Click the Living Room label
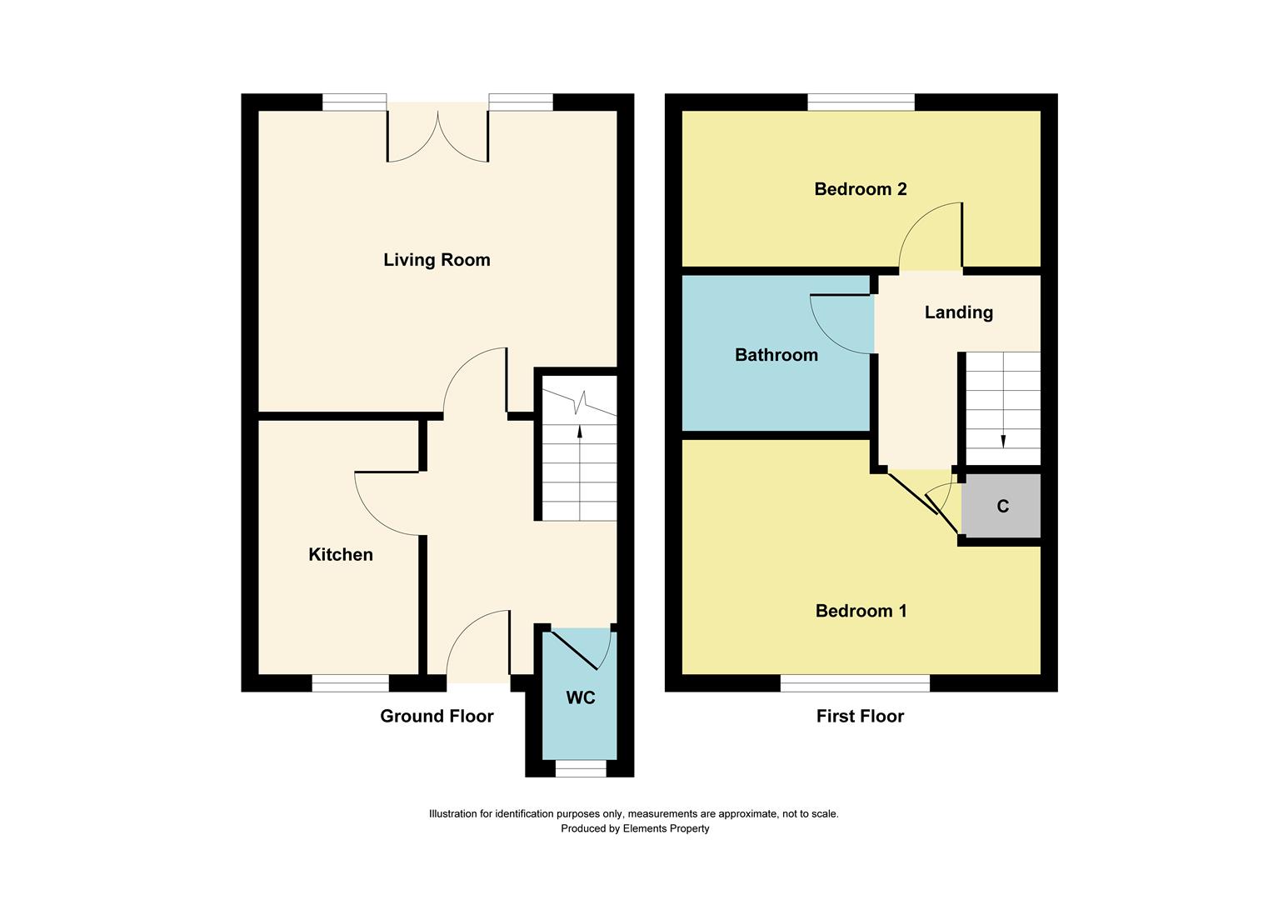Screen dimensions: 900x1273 pos(437,260)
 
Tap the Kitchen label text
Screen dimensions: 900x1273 pos(341,555)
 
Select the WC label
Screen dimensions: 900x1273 pos(581,698)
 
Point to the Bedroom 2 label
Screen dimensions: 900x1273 pos(861,189)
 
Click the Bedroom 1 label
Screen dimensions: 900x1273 pos(861,612)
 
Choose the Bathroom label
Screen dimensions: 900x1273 pos(776,355)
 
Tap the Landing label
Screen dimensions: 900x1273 pos(959,312)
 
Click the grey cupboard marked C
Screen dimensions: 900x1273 pos(1002,507)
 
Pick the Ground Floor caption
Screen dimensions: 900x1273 pos(437,716)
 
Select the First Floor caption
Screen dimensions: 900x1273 pos(860,716)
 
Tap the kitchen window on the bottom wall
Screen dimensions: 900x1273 pos(351,683)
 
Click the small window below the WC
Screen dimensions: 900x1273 pos(581,769)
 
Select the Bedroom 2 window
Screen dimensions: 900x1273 pos(861,102)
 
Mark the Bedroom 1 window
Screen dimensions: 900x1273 pos(855,683)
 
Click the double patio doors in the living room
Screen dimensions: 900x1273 pos(437,133)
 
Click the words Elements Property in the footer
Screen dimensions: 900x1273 pos(666,828)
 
